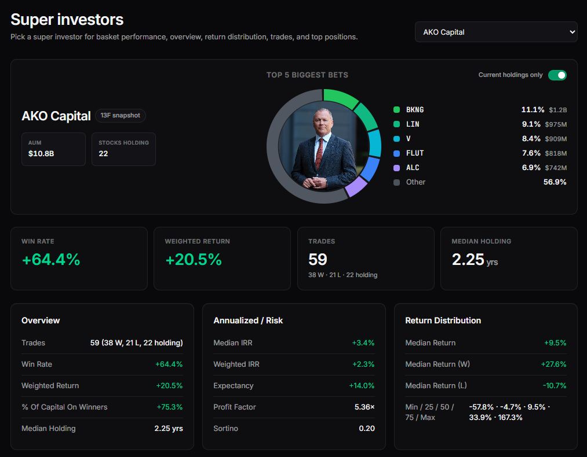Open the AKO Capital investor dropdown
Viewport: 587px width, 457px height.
[496, 32]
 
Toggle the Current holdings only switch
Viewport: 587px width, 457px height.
[557, 75]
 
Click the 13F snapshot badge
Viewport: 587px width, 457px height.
[121, 116]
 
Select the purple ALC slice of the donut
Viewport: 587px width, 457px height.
[356, 186]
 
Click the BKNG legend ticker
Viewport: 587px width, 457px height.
[415, 110]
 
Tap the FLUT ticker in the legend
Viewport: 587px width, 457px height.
[415, 153]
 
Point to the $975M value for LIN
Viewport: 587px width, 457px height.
[556, 124]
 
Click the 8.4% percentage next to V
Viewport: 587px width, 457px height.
[531, 139]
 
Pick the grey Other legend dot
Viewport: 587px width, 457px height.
[396, 182]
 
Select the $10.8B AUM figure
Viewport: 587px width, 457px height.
[42, 154]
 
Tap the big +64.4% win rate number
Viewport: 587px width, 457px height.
[51, 260]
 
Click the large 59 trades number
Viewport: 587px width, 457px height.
[318, 259]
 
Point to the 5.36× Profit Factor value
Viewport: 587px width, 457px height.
[364, 407]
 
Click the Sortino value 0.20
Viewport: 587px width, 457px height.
[366, 429]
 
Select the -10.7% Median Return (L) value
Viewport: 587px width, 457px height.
[555, 386]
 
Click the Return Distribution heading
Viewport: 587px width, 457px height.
[443, 320]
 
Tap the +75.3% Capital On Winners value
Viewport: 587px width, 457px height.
[169, 407]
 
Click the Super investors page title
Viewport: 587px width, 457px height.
[67, 20]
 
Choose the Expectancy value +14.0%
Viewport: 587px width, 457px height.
[362, 386]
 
